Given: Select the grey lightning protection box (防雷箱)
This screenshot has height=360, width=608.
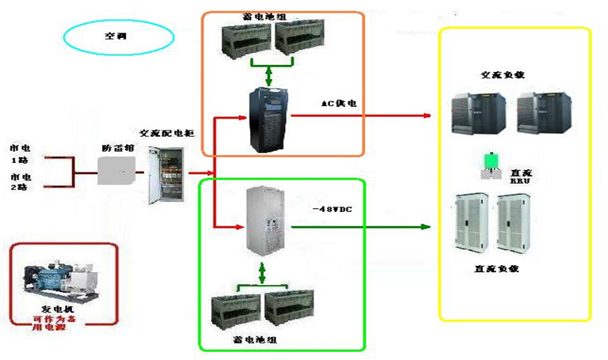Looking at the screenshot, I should click(x=116, y=170).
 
